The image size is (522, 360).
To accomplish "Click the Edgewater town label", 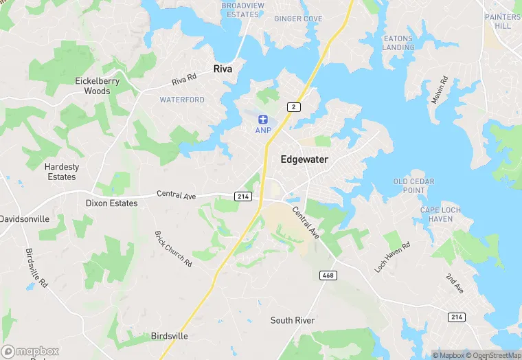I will pyautogui.click(x=304, y=159).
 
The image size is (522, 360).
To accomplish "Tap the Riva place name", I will pyautogui.click(x=223, y=69).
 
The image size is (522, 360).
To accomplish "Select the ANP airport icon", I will pyautogui.click(x=262, y=120).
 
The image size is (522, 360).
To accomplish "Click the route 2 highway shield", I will pyautogui.click(x=293, y=106).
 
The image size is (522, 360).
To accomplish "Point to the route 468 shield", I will pyautogui.click(x=328, y=275).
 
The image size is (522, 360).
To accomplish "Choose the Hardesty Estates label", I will pyautogui.click(x=62, y=172).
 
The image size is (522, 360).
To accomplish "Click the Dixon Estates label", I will pyautogui.click(x=111, y=203).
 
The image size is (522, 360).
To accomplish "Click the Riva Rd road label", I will pyautogui.click(x=184, y=80).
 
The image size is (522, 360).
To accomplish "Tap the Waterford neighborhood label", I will pyautogui.click(x=182, y=100).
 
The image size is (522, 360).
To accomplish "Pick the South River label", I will pyautogui.click(x=292, y=320).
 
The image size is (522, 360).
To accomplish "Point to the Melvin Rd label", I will pyautogui.click(x=440, y=90).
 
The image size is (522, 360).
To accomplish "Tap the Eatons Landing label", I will pyautogui.click(x=398, y=43).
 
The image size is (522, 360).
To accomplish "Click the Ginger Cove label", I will pyautogui.click(x=298, y=19).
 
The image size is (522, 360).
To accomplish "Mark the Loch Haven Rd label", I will pyautogui.click(x=392, y=256).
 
